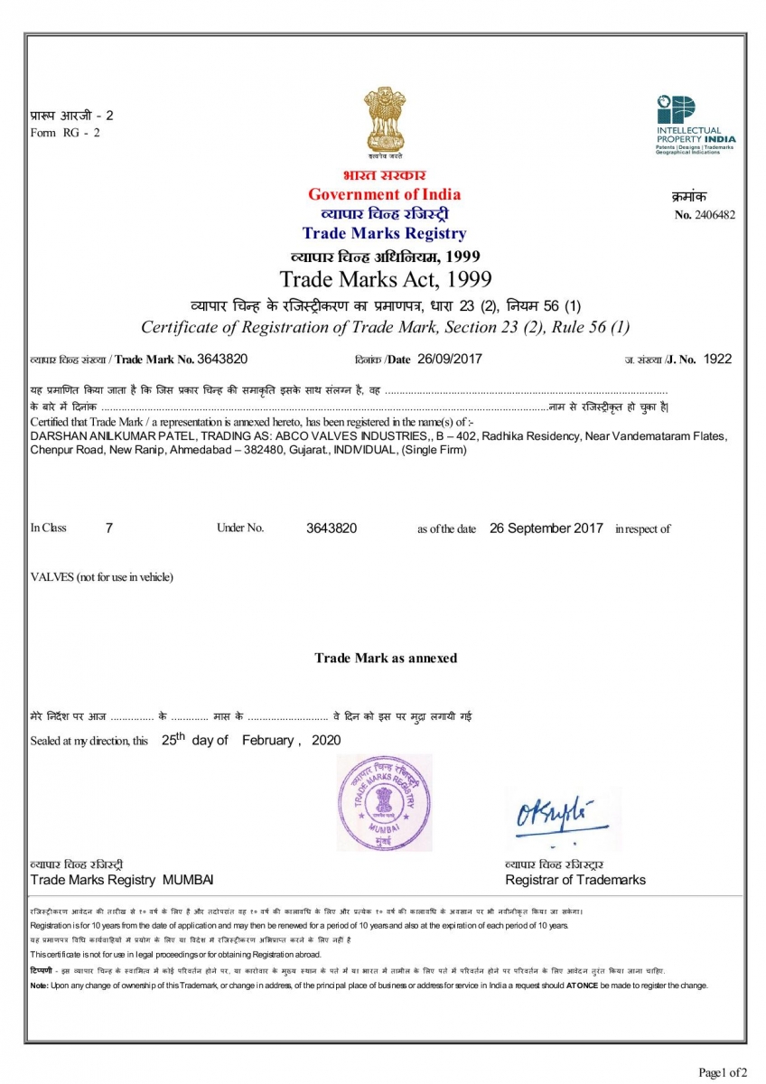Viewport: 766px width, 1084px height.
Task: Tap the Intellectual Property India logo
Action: tap(695, 125)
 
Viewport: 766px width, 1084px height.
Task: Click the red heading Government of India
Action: tap(384, 194)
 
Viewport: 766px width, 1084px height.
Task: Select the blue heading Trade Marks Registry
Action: tap(384, 234)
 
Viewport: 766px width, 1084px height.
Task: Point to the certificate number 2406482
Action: tap(715, 215)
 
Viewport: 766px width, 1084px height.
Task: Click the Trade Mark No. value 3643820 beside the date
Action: tap(222, 359)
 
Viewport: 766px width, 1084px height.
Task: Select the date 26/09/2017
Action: tap(450, 359)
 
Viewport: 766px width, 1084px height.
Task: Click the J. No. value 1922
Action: tap(717, 359)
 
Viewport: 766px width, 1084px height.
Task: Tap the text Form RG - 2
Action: tap(65, 133)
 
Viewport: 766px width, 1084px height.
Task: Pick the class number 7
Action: tap(109, 528)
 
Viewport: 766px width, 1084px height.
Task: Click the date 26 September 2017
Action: tap(546, 528)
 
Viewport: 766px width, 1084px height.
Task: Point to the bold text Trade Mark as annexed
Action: tap(386, 658)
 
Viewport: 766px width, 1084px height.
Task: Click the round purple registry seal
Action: tap(385, 801)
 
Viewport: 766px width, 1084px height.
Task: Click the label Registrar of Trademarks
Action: tap(575, 880)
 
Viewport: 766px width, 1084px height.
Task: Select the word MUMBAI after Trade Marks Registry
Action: tap(188, 880)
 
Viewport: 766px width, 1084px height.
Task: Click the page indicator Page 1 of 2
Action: tap(723, 1072)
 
